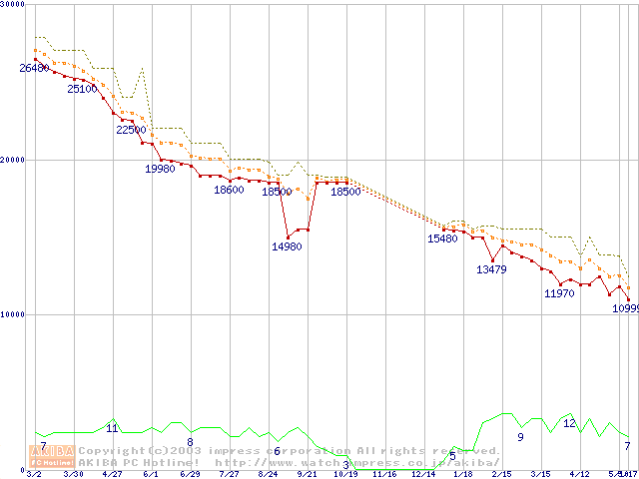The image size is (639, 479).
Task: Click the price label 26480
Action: click(34, 68)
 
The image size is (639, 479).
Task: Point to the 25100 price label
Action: click(82, 89)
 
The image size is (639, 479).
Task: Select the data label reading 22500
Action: click(131, 130)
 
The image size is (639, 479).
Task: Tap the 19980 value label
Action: click(160, 169)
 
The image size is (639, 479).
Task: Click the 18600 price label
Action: click(229, 190)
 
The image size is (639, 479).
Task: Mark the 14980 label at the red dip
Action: click(287, 246)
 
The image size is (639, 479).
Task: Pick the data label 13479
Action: click(491, 269)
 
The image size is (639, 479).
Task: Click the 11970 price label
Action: click(559, 293)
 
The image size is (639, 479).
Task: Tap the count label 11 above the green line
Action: click(112, 428)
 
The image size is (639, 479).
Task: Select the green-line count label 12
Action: click(569, 423)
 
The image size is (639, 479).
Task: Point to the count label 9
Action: click(520, 437)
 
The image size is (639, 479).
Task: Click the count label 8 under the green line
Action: click(190, 441)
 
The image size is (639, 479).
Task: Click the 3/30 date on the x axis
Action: click(72, 474)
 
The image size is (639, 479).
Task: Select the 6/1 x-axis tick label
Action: click(151, 474)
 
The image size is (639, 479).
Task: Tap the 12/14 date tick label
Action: click(424, 474)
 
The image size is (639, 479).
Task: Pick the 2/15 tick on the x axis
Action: click(501, 474)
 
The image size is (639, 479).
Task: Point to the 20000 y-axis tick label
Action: click(14, 159)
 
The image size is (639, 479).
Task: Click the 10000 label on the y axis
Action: click(14, 314)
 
